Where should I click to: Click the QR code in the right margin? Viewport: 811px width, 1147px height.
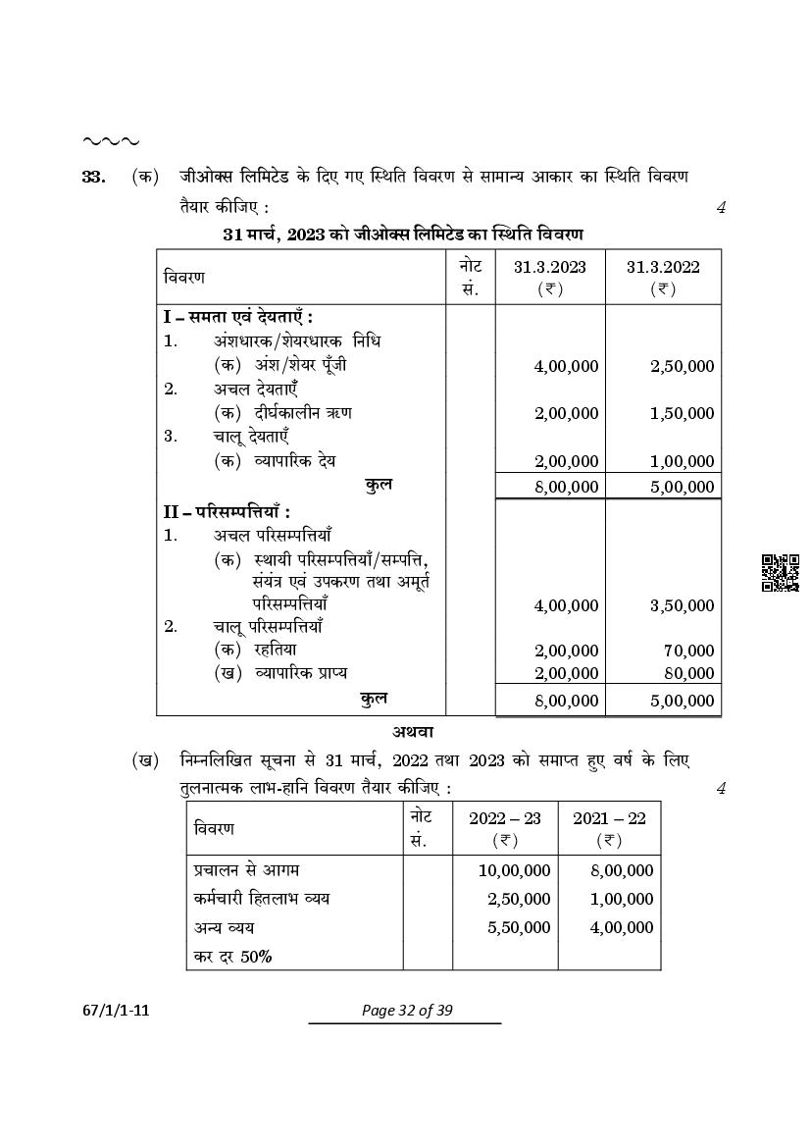tap(780, 573)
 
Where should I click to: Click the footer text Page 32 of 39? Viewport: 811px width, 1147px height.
tap(405, 1011)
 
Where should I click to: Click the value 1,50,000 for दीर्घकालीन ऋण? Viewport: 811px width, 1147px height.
tap(682, 413)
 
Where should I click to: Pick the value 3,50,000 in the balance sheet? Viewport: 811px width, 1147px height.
tap(682, 605)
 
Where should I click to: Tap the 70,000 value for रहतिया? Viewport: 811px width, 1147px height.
tap(688, 650)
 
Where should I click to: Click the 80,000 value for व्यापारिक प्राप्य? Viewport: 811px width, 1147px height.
tap(688, 673)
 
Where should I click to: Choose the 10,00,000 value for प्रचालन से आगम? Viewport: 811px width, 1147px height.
tap(514, 870)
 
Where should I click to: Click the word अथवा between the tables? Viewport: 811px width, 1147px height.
tap(413, 732)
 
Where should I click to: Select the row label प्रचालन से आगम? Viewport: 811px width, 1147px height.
tap(246, 870)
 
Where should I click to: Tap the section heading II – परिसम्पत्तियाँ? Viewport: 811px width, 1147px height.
tap(226, 511)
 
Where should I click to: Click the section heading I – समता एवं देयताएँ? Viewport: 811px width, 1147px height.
tap(238, 318)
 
